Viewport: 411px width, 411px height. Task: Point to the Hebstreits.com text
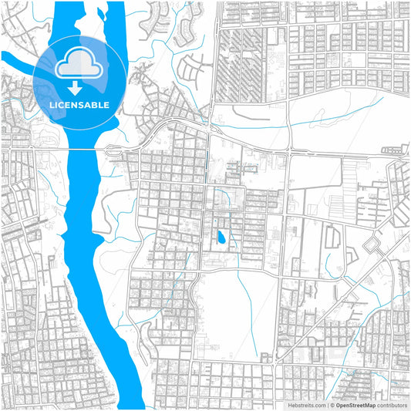(307, 405)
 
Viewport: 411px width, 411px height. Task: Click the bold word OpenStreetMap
(359, 405)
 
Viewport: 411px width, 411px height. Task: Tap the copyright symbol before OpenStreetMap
(332, 405)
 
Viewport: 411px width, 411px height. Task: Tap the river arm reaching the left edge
(15, 60)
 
